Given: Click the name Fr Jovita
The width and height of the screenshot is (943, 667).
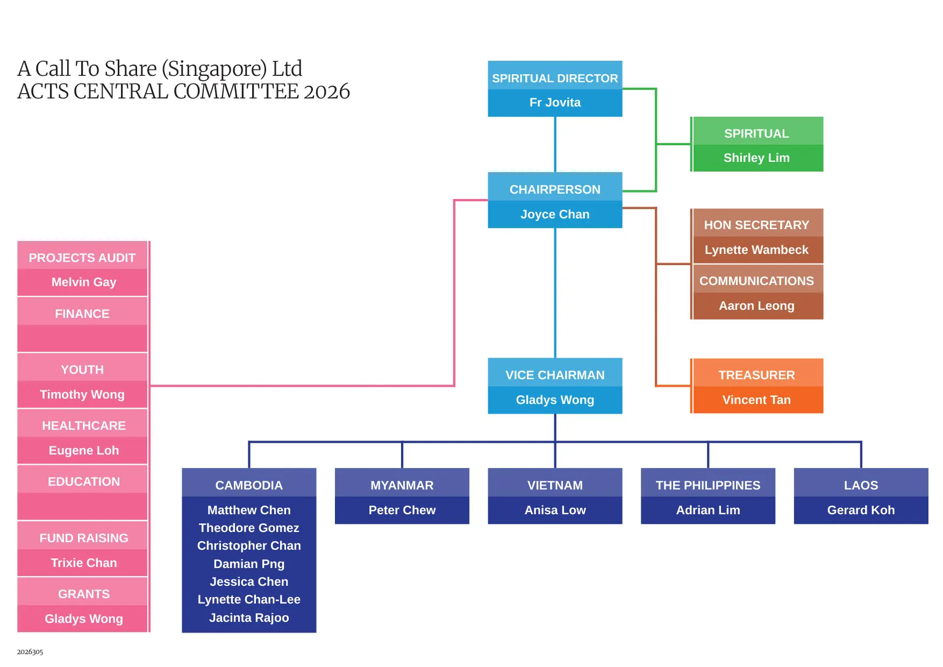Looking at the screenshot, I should tap(555, 103).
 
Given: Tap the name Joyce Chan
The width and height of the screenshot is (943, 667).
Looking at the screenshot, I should tap(555, 214).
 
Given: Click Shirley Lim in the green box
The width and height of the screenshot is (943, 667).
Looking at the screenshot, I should tap(756, 158).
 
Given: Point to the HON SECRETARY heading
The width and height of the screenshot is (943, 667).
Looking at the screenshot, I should tap(756, 225).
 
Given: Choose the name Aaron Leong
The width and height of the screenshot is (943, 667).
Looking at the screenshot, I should tap(756, 306).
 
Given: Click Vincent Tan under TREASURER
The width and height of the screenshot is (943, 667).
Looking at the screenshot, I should tap(756, 400).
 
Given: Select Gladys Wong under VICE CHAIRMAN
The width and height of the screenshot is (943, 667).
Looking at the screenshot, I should tap(555, 400).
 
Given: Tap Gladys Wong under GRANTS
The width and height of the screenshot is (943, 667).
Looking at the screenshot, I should tap(83, 619).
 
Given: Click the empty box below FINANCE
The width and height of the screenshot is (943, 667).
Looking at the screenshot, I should tap(82, 338).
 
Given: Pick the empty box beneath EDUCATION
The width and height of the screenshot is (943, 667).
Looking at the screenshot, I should tap(82, 506).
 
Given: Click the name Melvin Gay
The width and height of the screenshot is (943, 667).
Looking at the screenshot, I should tap(83, 282).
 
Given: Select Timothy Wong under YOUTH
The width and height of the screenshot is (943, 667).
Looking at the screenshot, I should tap(82, 394).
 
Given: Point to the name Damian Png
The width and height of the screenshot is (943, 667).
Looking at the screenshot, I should tap(249, 564).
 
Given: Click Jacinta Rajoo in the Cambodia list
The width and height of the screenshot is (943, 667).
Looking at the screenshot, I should tap(249, 618).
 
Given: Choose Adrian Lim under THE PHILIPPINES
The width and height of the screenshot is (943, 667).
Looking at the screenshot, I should tap(708, 510).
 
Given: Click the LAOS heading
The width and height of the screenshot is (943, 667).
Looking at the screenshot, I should tap(861, 485).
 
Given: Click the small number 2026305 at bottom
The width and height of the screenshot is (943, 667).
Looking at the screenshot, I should tap(30, 652).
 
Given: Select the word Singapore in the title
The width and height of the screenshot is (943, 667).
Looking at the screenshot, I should tap(214, 69).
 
